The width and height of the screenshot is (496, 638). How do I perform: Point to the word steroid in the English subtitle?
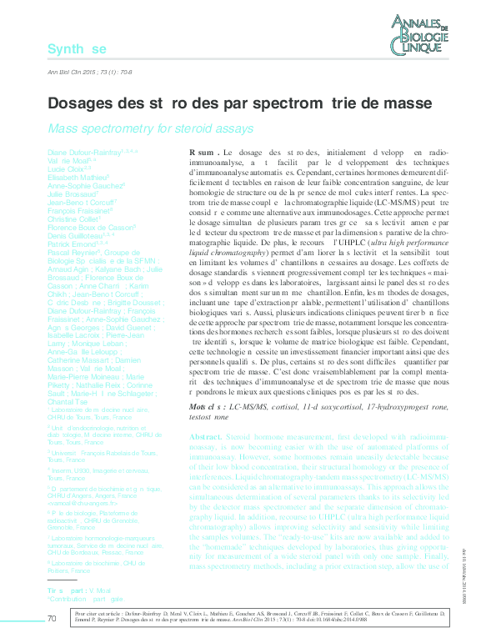point(182,128)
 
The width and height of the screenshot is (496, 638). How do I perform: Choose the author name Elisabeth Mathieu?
point(74,177)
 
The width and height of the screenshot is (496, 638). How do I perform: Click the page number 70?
point(53,618)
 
